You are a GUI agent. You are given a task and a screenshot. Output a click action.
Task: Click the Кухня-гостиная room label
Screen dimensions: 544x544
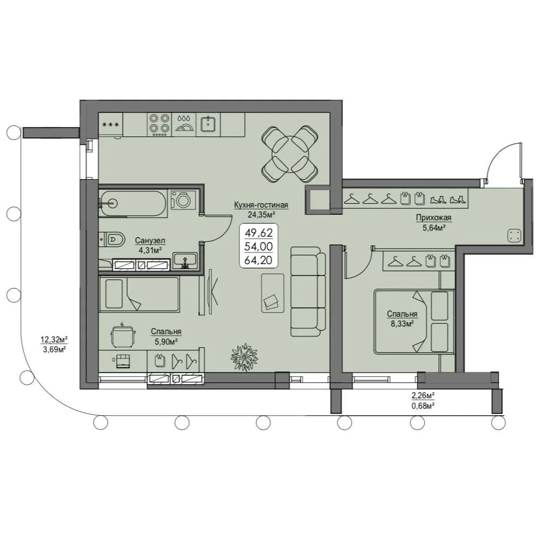coord(261,205)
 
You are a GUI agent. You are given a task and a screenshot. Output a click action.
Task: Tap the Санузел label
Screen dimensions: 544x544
coord(150,240)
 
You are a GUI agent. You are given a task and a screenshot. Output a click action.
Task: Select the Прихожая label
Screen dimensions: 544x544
coord(433,217)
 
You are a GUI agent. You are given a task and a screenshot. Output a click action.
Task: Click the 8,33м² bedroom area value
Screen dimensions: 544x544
coord(402,324)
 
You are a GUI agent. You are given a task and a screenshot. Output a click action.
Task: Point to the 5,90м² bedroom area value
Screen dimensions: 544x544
coord(166,342)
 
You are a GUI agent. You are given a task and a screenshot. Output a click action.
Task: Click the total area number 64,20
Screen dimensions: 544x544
coord(259,260)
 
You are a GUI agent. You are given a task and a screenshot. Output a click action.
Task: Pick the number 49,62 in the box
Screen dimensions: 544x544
coord(259,232)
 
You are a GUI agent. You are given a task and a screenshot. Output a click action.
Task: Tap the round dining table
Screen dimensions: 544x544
coord(290,153)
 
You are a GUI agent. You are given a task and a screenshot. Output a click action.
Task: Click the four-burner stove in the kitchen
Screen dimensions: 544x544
coord(159,124)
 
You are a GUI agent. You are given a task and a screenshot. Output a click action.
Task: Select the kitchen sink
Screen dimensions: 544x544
coord(208,124)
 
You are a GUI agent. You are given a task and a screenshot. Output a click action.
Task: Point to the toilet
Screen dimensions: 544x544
coord(112,239)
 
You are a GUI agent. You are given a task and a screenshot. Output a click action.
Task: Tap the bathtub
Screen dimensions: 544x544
coord(133,203)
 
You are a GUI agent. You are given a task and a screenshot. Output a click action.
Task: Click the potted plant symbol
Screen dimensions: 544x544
coord(245,357)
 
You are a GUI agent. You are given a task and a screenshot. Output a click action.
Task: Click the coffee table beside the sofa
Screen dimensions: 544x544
coord(273,293)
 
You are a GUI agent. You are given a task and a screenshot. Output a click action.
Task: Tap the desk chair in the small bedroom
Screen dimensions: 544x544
coord(123,335)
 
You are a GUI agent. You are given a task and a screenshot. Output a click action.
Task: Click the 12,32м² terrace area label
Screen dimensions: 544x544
coord(54,339)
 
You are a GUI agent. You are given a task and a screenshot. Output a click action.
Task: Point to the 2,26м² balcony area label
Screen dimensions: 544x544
coord(423,395)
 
